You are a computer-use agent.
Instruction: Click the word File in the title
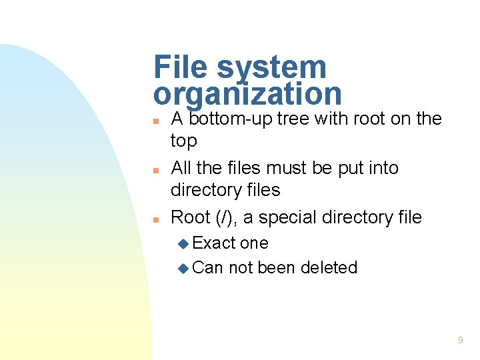179,67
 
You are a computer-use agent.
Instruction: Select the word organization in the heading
247,94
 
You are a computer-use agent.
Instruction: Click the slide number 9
460,341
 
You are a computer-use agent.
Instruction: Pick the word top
184,141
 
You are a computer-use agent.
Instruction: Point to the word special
290,217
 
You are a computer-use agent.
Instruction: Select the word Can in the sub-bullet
207,268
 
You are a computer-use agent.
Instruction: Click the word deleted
329,268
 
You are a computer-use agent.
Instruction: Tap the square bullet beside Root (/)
155,219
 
